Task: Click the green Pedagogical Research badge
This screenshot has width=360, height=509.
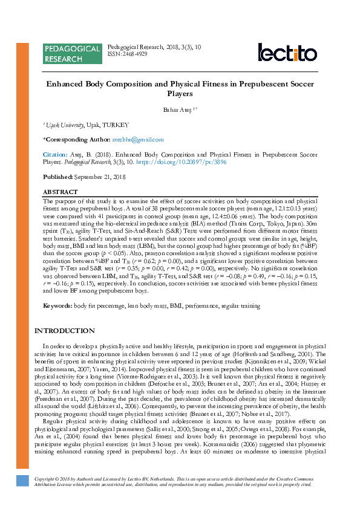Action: coord(72,53)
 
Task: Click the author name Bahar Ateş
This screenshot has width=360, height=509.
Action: coord(178,109)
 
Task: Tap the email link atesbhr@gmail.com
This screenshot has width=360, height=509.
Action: coord(139,140)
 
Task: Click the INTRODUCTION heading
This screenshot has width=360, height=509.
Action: coord(64,331)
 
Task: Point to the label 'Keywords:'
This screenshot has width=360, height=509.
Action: coord(57,306)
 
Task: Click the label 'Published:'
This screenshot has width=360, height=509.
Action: coord(57,177)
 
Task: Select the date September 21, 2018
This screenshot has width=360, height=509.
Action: coord(100,177)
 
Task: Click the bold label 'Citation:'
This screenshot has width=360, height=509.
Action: coord(55,155)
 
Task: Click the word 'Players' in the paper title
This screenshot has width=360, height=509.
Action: coord(180,94)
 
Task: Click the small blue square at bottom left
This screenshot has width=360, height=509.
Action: coord(22,481)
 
